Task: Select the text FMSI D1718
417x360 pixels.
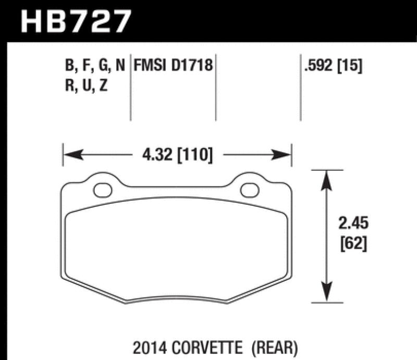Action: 174,66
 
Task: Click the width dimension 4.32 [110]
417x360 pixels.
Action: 177,155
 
